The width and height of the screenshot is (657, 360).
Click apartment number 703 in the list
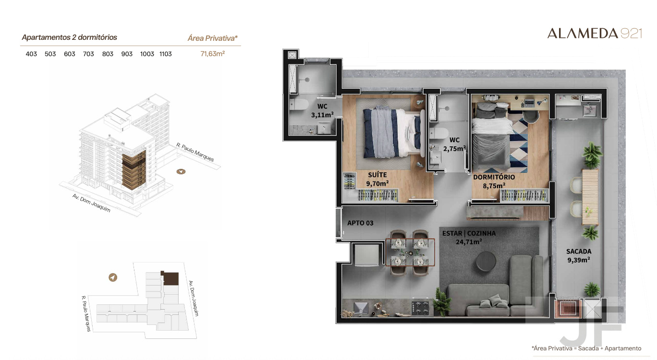point(88,54)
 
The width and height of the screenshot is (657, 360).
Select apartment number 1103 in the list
point(165,54)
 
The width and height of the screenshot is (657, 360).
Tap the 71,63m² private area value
point(213,54)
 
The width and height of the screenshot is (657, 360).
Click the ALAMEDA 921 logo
point(595,34)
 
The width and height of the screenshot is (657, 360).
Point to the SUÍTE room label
point(377,175)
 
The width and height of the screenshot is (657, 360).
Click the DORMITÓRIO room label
point(494,177)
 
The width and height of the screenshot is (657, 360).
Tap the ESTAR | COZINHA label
point(469,233)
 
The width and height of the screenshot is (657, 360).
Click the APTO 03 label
point(360,223)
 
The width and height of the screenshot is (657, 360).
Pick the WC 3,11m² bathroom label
point(322,110)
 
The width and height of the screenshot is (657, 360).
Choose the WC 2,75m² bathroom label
point(454,144)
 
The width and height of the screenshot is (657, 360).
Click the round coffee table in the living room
point(486,261)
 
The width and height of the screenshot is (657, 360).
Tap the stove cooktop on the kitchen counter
point(420,308)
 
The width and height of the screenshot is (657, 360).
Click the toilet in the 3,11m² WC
point(299,104)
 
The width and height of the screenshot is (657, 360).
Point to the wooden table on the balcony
point(590,197)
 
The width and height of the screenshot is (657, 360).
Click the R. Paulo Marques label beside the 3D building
point(195,152)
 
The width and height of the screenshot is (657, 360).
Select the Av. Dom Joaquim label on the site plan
point(194,299)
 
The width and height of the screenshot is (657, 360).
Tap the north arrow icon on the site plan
point(113,277)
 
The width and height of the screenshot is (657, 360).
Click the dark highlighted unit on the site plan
point(170,278)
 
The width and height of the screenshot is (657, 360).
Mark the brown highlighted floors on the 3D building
point(134,170)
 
